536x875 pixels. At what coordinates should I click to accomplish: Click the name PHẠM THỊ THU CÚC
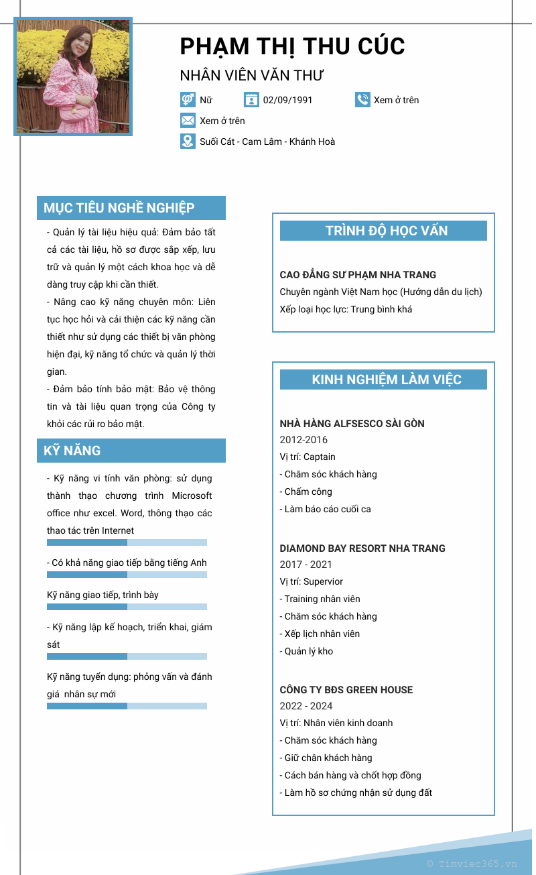click(292, 46)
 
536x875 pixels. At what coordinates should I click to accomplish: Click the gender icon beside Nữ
click(188, 100)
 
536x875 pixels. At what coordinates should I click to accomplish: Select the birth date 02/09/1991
click(287, 100)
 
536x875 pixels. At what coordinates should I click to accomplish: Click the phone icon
click(362, 100)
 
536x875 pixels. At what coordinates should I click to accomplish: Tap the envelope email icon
click(188, 121)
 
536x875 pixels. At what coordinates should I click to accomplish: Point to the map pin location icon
click(188, 141)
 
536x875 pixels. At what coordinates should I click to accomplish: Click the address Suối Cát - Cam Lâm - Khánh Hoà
click(267, 141)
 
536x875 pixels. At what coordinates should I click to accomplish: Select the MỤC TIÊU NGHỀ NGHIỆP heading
click(119, 208)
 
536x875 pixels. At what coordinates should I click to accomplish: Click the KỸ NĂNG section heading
click(72, 451)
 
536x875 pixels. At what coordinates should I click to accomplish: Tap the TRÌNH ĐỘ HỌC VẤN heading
click(386, 231)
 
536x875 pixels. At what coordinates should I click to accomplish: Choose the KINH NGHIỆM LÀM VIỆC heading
click(386, 380)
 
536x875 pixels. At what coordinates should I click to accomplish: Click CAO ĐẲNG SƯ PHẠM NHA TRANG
click(358, 275)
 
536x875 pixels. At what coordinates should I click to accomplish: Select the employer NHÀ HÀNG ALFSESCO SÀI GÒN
click(352, 424)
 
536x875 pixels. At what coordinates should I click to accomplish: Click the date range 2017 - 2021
click(306, 565)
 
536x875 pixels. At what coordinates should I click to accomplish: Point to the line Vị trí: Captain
click(308, 457)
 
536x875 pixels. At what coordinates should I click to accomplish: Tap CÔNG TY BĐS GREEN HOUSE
click(346, 690)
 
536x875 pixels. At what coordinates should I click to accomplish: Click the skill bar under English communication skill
click(127, 575)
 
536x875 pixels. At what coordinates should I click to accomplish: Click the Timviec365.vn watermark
click(472, 864)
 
